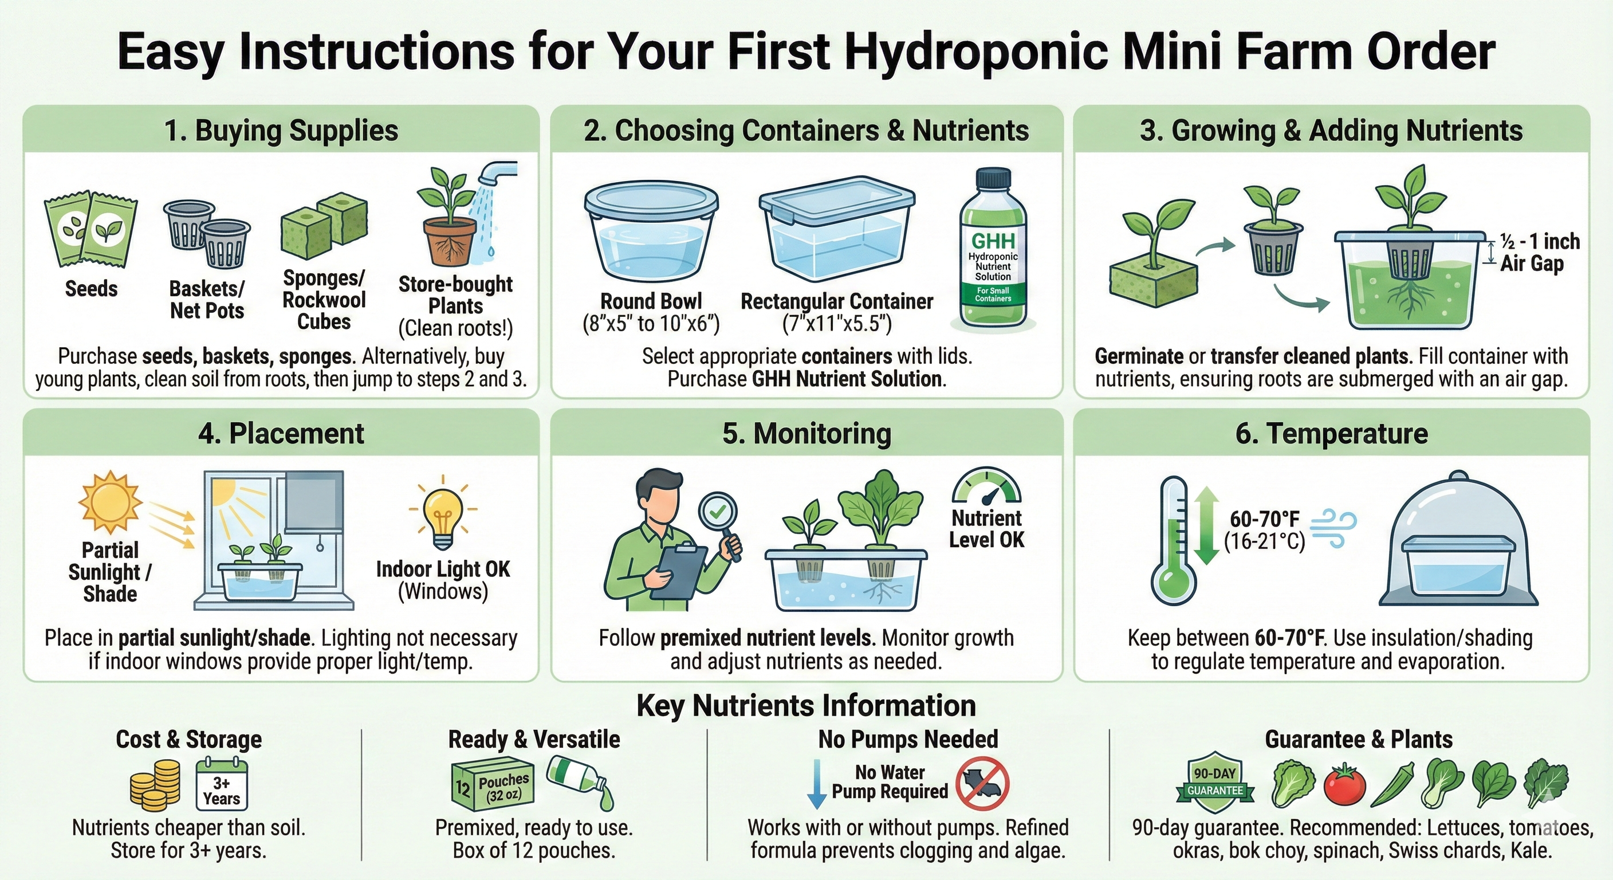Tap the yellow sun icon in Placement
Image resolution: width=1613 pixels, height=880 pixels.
(110, 502)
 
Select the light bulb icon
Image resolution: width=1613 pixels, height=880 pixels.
(443, 512)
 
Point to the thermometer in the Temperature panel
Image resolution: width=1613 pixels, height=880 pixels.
(1173, 540)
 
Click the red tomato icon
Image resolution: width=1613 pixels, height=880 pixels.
(1344, 784)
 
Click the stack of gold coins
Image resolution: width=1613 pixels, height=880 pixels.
(155, 784)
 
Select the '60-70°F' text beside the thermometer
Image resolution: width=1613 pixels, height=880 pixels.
(1265, 519)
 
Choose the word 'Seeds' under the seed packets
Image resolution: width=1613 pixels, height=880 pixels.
(92, 289)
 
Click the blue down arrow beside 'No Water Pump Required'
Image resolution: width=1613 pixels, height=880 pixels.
(816, 784)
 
